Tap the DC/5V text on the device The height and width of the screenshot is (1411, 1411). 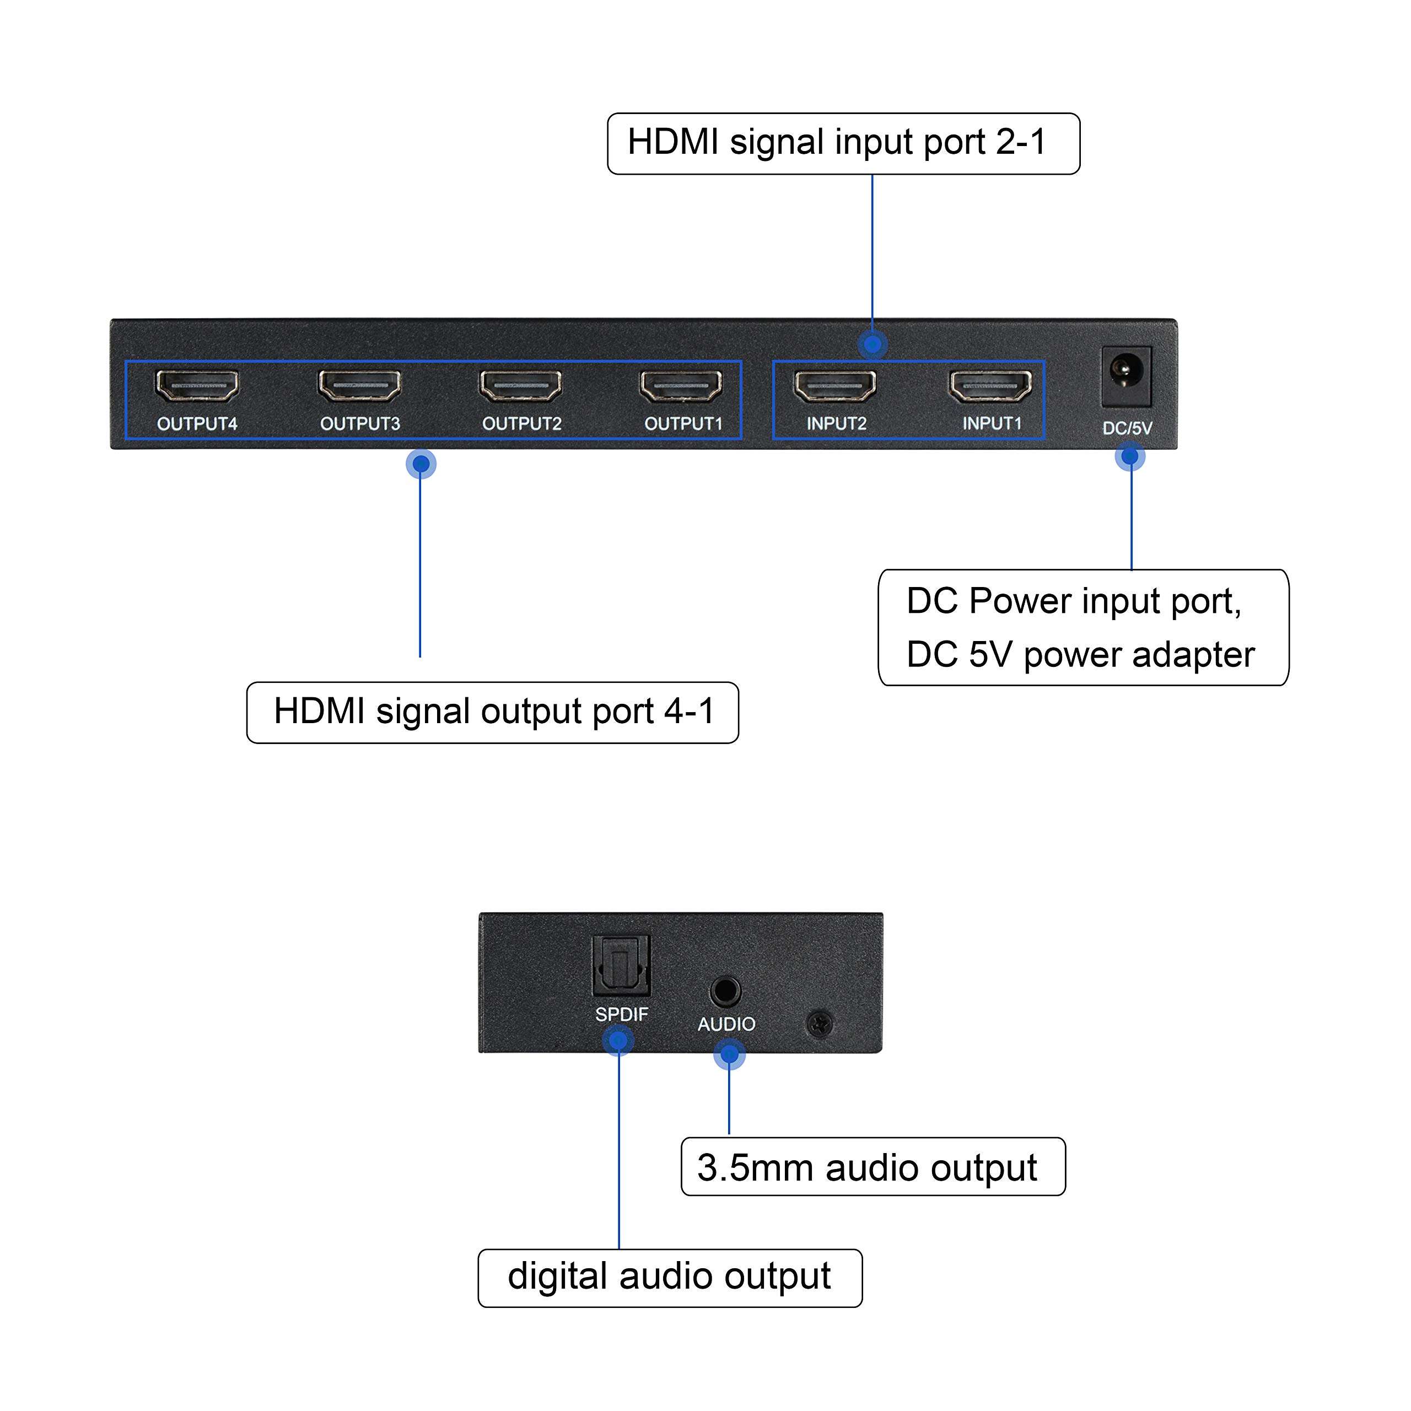point(1127,428)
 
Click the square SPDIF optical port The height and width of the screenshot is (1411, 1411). point(621,966)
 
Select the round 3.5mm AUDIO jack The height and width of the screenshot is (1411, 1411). point(725,992)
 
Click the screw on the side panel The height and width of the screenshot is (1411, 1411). point(820,1023)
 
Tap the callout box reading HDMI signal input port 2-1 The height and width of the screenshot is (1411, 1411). point(843,143)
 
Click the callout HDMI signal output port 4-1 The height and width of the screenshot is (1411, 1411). point(492,712)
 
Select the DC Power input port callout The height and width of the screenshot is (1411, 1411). point(1083,627)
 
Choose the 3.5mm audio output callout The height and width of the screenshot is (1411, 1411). point(873,1167)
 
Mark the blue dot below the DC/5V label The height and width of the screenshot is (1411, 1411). point(1130,457)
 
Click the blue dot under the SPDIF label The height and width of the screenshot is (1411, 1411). point(618,1040)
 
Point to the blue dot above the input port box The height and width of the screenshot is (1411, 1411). point(872,344)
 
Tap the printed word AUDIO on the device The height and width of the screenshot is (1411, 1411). point(726,1024)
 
